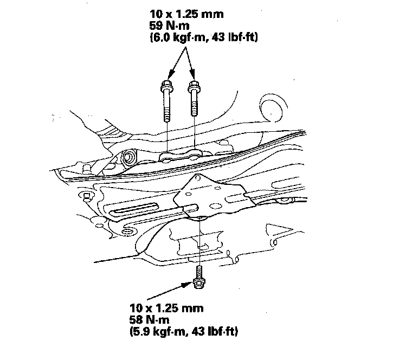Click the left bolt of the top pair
(166, 103)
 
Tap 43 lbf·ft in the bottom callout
(212, 330)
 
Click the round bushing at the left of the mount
(129, 159)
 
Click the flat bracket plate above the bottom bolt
(217, 198)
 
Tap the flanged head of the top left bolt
(166, 86)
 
